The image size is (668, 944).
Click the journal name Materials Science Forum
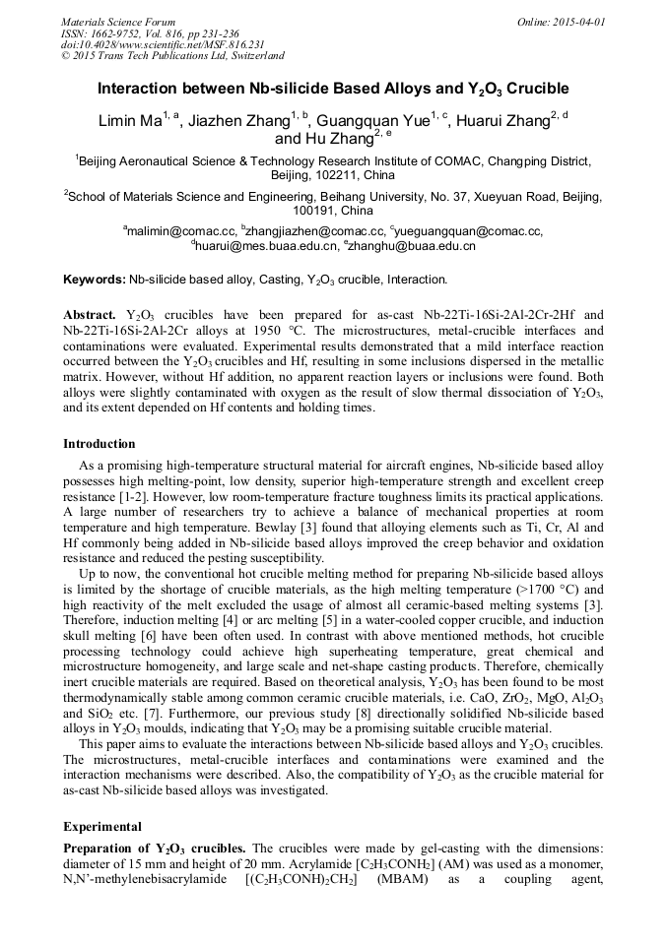click(118, 21)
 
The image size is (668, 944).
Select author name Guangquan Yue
click(378, 120)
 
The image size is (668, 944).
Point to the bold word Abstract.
click(90, 314)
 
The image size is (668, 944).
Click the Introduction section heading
click(100, 444)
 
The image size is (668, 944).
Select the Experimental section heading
click(102, 826)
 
